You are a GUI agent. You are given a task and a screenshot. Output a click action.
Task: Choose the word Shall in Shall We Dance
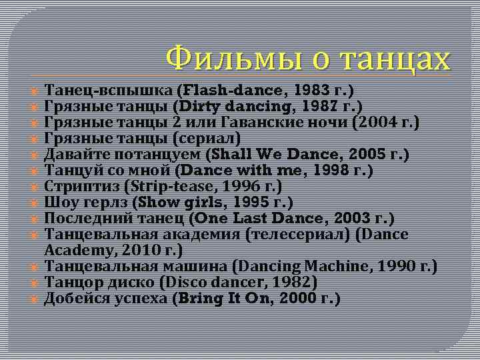point(230,155)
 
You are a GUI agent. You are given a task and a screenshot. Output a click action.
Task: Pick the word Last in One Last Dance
point(251,219)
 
